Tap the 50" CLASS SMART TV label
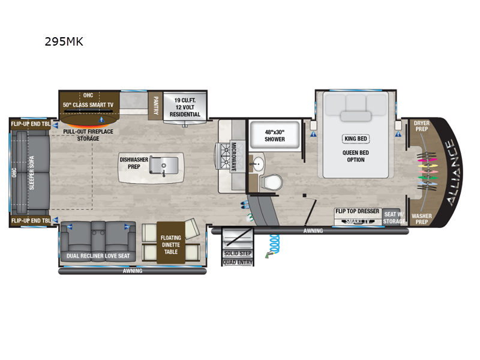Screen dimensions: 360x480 88,104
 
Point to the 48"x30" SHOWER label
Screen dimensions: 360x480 268,135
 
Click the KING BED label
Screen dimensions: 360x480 355,139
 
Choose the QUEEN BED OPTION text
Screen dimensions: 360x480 355,157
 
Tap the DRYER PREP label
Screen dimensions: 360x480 422,126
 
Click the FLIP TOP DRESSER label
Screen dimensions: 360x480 357,211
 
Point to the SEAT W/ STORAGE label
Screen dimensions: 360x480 394,218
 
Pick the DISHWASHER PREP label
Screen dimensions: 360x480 130,163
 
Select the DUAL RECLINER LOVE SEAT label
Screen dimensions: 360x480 99,256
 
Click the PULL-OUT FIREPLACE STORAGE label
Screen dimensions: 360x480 88,135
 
